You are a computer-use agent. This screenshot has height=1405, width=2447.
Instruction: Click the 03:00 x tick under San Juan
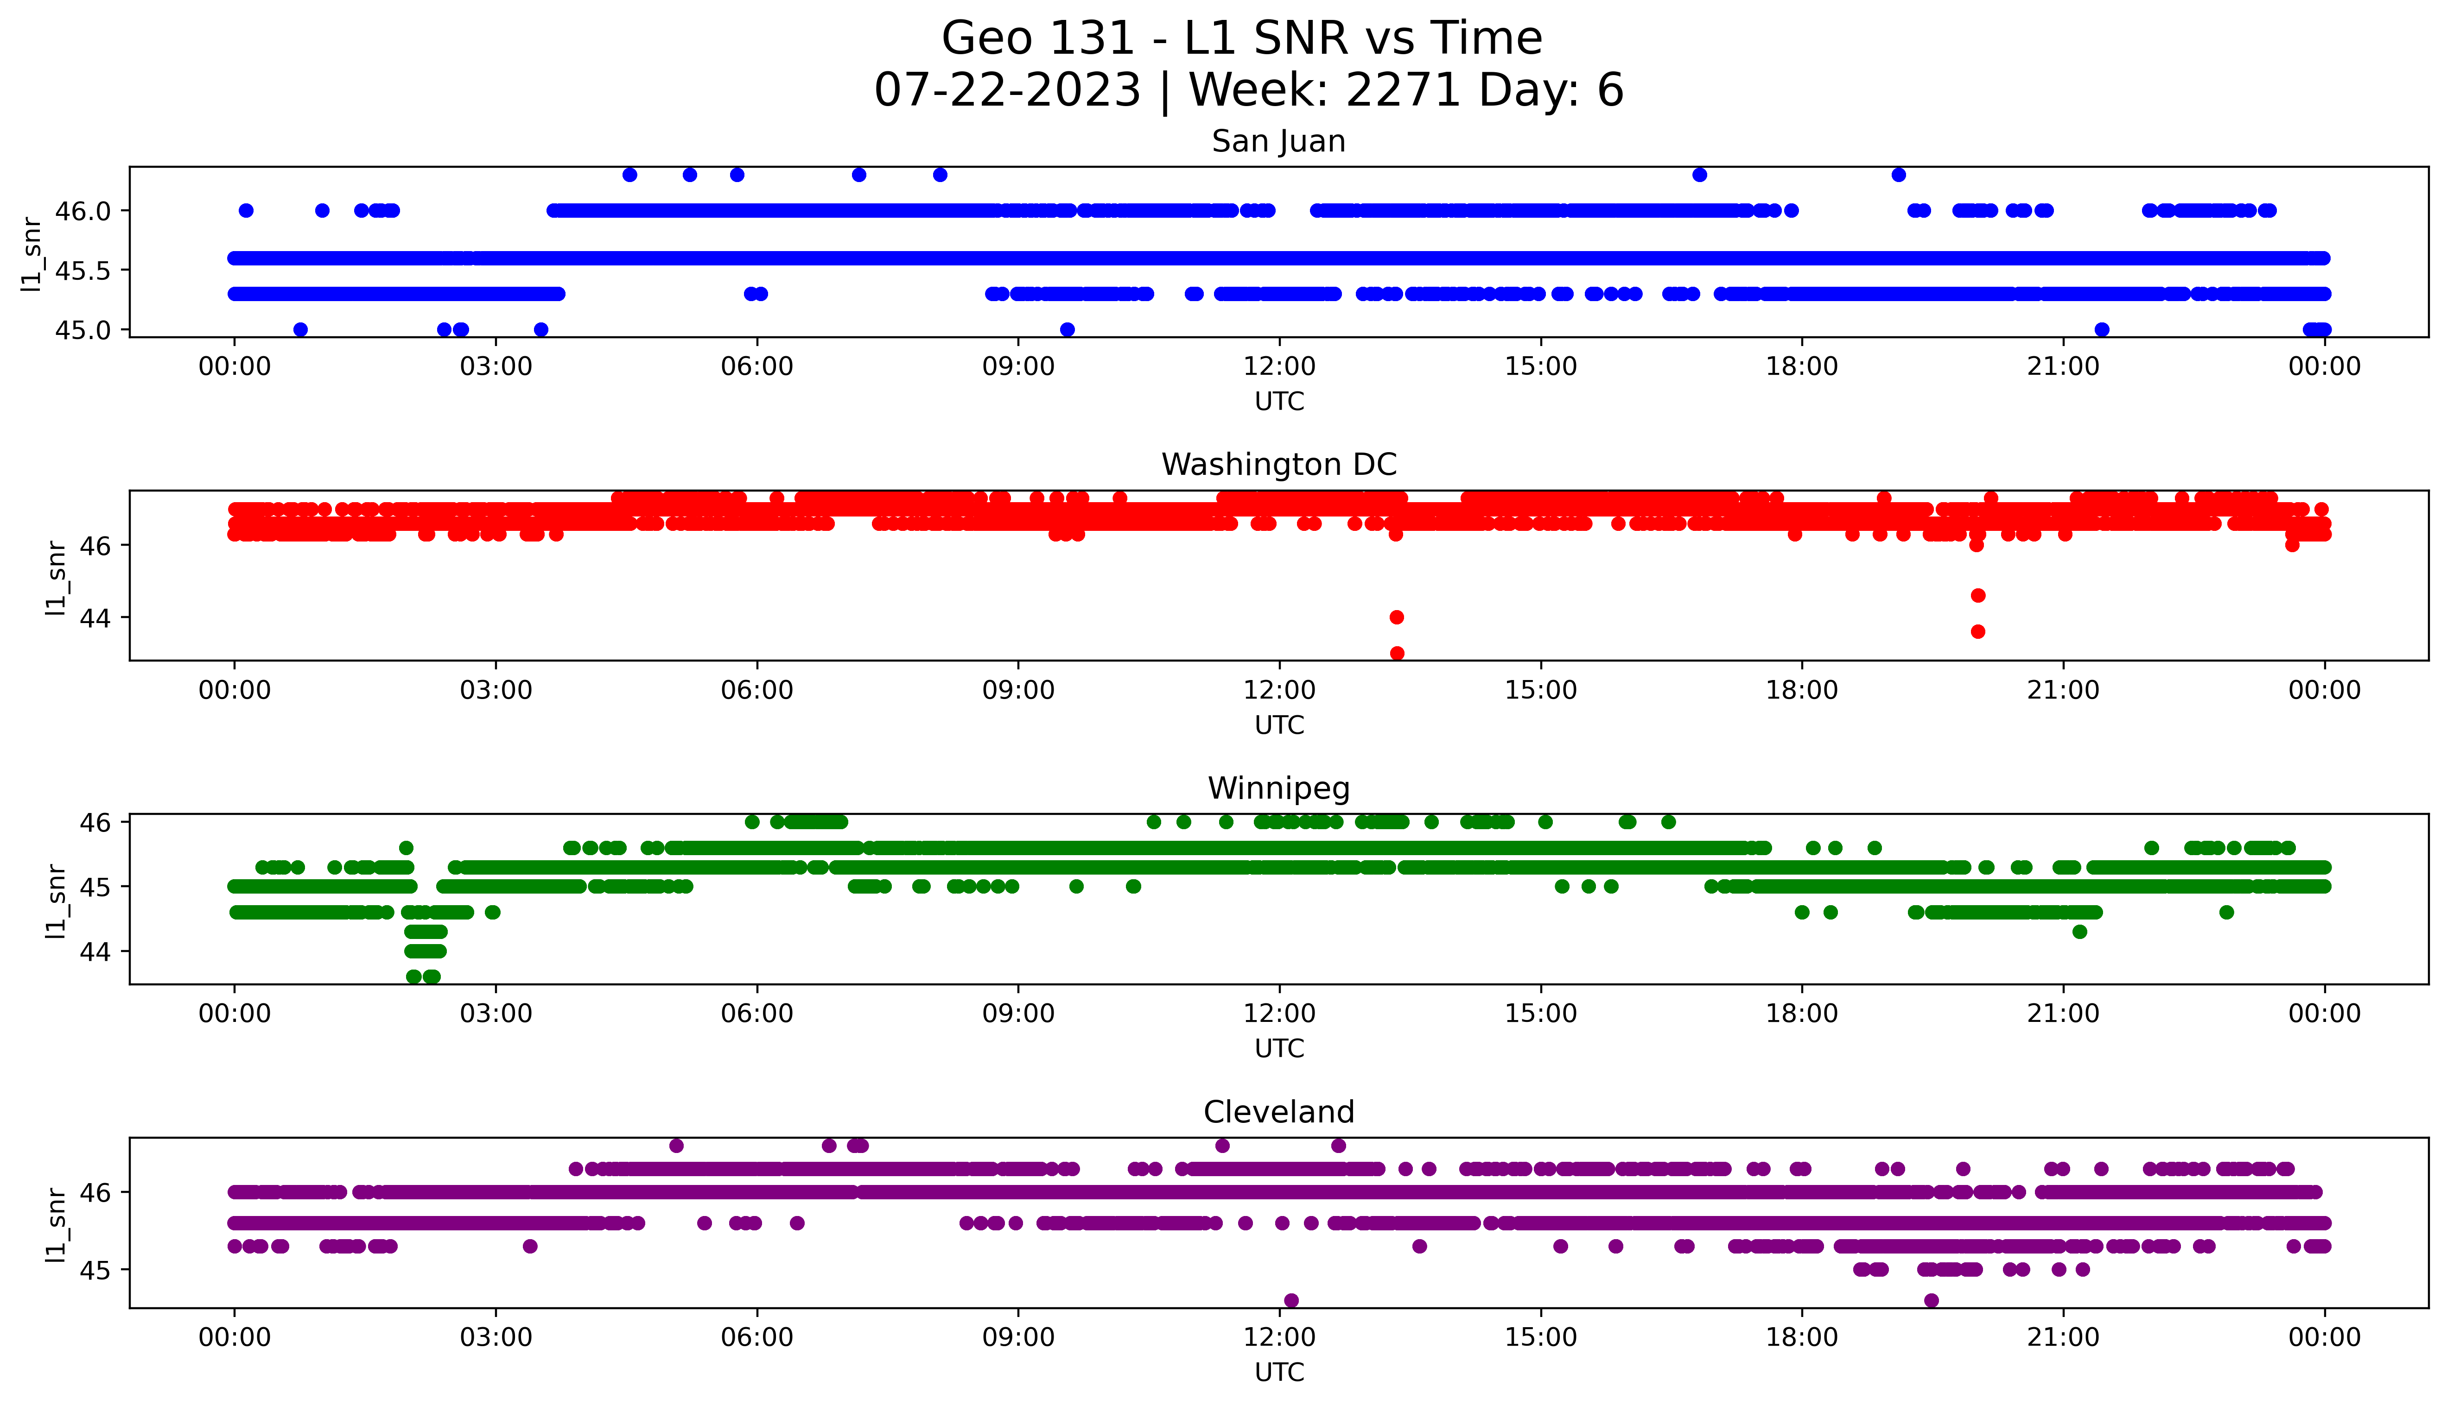(x=496, y=367)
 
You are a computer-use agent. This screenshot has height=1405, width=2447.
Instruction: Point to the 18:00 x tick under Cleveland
(x=1801, y=1337)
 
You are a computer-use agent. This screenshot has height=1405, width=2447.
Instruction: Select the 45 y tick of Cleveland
(x=96, y=1270)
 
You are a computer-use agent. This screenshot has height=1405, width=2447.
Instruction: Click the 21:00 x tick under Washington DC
(x=2063, y=690)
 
